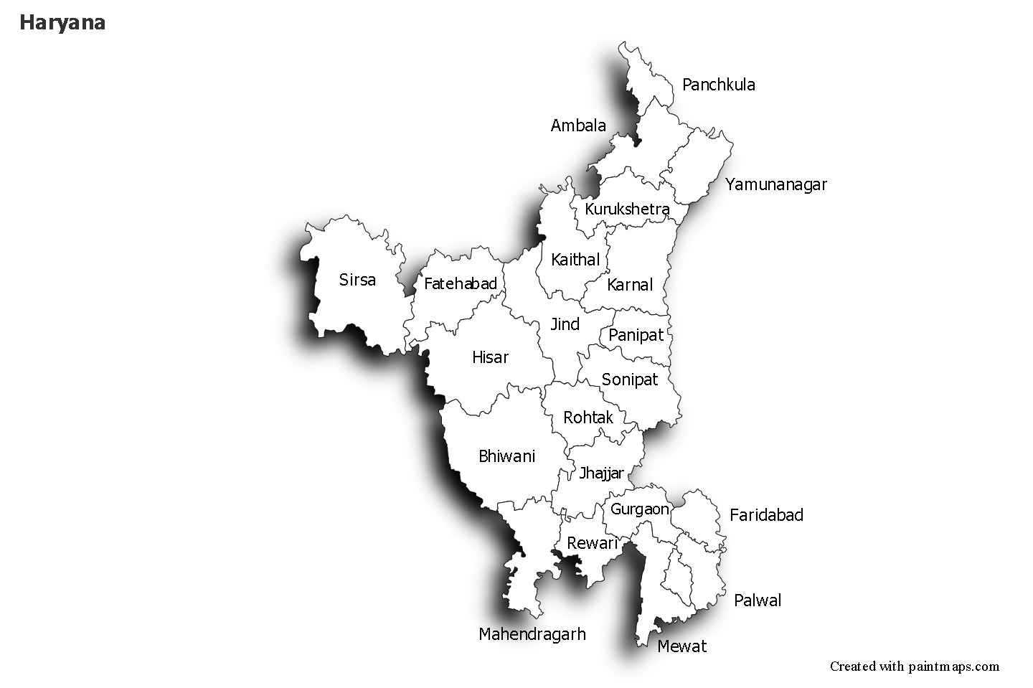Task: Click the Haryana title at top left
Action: point(62,23)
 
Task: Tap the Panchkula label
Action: point(718,85)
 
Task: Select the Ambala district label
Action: point(578,126)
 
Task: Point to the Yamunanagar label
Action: point(775,184)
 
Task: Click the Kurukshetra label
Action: point(627,209)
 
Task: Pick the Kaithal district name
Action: point(575,260)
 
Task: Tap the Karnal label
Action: point(630,285)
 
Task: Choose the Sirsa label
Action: point(357,280)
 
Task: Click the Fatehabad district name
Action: point(460,284)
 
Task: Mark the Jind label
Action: point(565,324)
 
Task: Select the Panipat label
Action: point(636,335)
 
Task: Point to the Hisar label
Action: point(490,357)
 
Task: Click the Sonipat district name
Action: point(629,380)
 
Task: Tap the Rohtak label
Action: point(588,418)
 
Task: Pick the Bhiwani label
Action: point(506,456)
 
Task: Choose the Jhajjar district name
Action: point(601,473)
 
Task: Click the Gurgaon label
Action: point(639,509)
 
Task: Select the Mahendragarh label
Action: point(532,634)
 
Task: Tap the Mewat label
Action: point(681,646)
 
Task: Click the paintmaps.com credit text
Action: point(914,666)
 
